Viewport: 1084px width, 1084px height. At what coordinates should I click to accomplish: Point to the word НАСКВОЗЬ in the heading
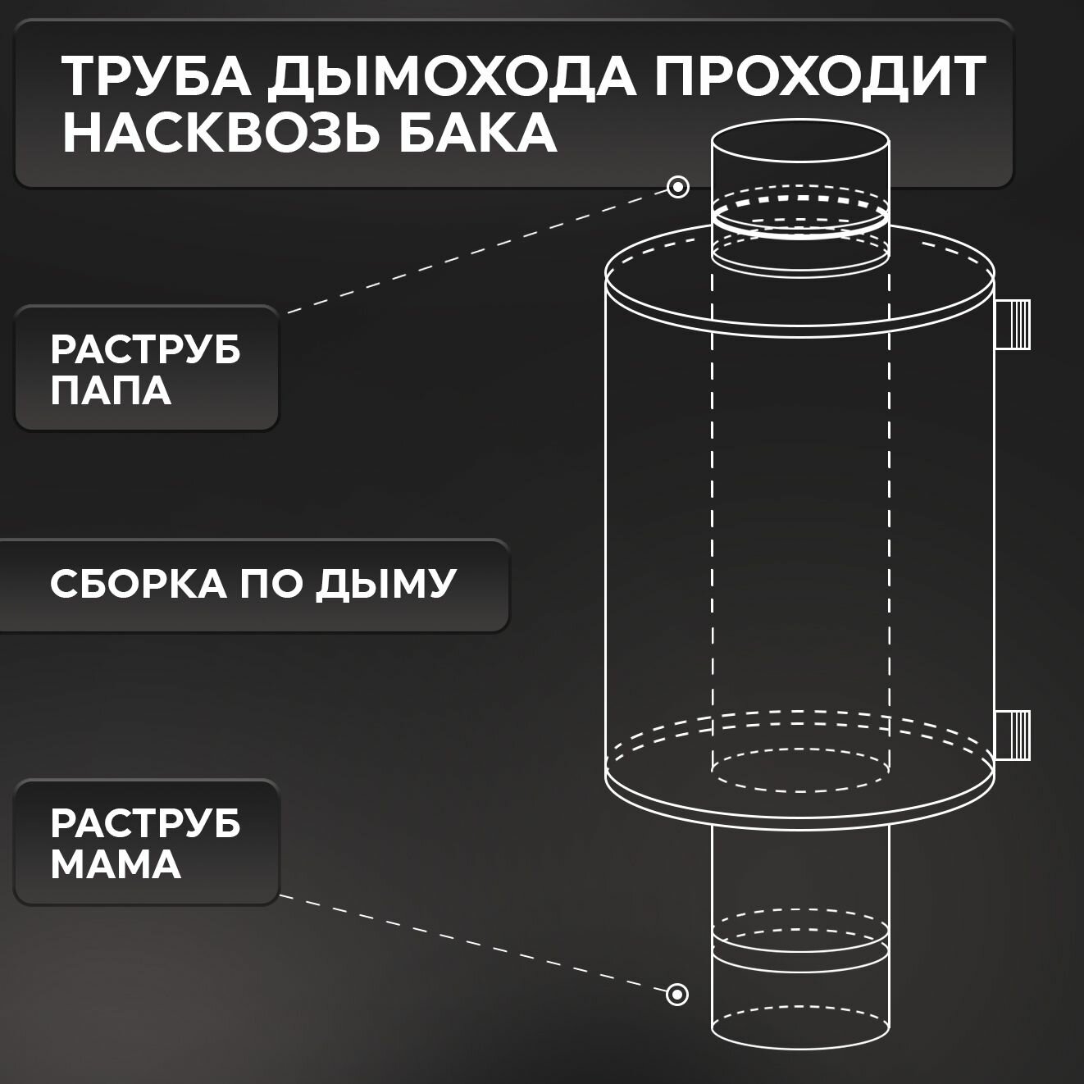click(x=217, y=133)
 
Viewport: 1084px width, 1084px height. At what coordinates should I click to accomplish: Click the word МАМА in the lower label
click(x=116, y=865)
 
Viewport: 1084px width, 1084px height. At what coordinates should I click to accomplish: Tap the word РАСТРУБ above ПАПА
click(x=146, y=350)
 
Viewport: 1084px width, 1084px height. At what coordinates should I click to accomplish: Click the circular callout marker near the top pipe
click(x=678, y=187)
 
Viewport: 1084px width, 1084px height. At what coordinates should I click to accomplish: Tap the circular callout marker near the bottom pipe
click(x=676, y=995)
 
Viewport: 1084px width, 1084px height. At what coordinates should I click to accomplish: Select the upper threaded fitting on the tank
click(x=1013, y=323)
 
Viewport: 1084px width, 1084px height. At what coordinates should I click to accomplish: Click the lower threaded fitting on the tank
click(x=1013, y=734)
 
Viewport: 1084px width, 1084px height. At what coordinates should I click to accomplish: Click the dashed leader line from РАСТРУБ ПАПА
click(x=476, y=250)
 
